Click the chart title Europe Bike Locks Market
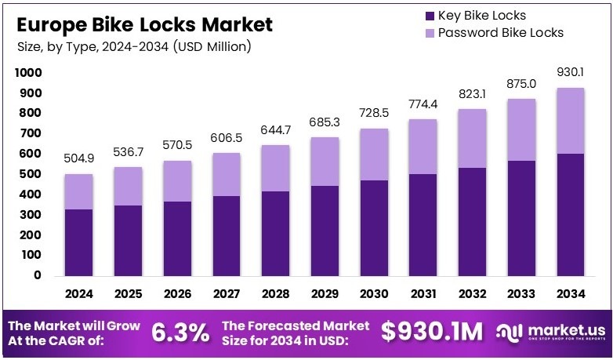(144, 24)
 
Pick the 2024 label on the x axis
(79, 294)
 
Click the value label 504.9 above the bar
(79, 159)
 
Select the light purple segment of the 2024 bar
(79, 191)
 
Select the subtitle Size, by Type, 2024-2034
(134, 47)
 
